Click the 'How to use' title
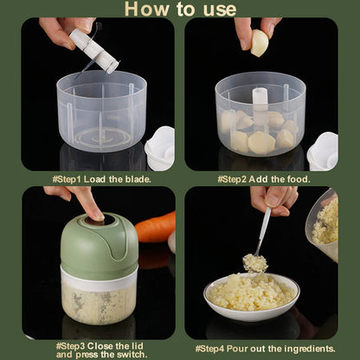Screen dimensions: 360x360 (x=180, y=10)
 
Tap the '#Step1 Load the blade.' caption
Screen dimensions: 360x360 (x=101, y=178)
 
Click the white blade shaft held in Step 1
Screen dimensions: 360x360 (x=93, y=49)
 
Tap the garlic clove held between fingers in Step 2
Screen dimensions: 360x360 (x=259, y=42)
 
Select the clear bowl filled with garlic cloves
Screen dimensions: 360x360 (x=260, y=117)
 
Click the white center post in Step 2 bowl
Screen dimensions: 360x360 (x=260, y=98)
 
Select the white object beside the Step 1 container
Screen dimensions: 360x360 (x=160, y=146)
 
